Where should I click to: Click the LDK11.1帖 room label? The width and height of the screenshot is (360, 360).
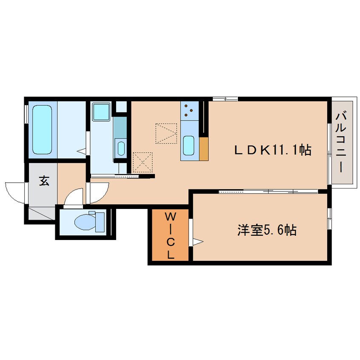(273, 150)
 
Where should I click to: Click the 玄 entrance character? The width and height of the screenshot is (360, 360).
(43, 180)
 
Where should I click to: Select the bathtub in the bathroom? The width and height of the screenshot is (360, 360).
(42, 130)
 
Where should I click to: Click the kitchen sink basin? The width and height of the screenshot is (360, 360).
(189, 146)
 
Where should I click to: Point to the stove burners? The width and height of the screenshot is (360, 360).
(189, 111)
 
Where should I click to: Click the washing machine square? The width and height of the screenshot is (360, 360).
(102, 111)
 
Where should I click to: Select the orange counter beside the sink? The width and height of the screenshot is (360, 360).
(203, 149)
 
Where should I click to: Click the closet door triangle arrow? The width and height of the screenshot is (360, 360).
(197, 242)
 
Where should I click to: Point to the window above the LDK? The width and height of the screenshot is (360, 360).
(224, 99)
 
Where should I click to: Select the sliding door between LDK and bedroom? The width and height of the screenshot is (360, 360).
(268, 192)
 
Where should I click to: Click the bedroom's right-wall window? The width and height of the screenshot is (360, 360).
(329, 219)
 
